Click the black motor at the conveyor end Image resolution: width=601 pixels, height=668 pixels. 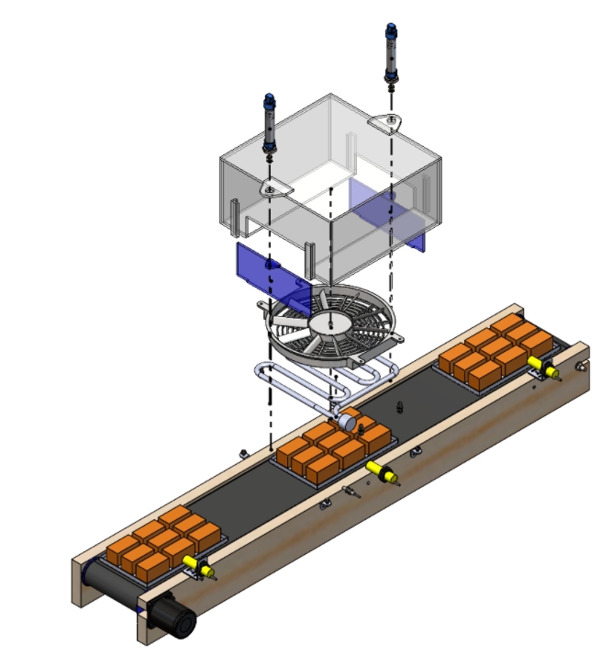173,617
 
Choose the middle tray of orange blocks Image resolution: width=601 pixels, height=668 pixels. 330,451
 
